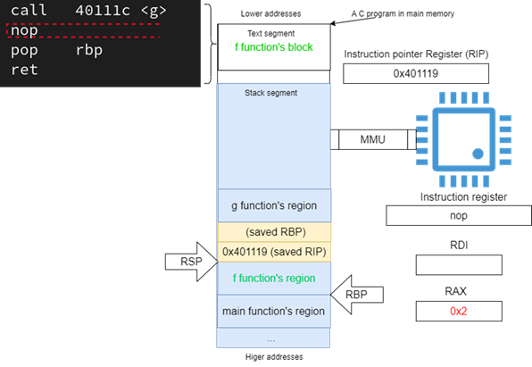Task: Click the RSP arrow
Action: pyautogui.click(x=191, y=262)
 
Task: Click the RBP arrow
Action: pyautogui.click(x=357, y=295)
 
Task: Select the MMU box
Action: pyautogui.click(x=373, y=139)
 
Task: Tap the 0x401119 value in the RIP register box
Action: pyautogui.click(x=416, y=73)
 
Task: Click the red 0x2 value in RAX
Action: pyautogui.click(x=459, y=311)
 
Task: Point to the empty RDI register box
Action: pyautogui.click(x=459, y=265)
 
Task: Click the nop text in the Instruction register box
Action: pyautogui.click(x=459, y=215)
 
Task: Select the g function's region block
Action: pyautogui.click(x=274, y=205)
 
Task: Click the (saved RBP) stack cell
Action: pyautogui.click(x=274, y=232)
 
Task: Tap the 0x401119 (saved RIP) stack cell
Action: pyautogui.click(x=274, y=252)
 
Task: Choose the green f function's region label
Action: pyautogui.click(x=274, y=278)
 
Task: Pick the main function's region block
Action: pyautogui.click(x=274, y=311)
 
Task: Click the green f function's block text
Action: pyautogui.click(x=274, y=47)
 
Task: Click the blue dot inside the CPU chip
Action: pyautogui.click(x=478, y=154)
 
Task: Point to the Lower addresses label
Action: pyautogui.click(x=270, y=14)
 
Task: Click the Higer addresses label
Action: pyautogui.click(x=274, y=357)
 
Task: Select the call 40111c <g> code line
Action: pyautogui.click(x=88, y=10)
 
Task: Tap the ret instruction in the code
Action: pyautogui.click(x=24, y=70)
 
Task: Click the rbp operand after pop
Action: pyautogui.click(x=89, y=51)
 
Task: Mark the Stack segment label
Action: pyautogui.click(x=270, y=93)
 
